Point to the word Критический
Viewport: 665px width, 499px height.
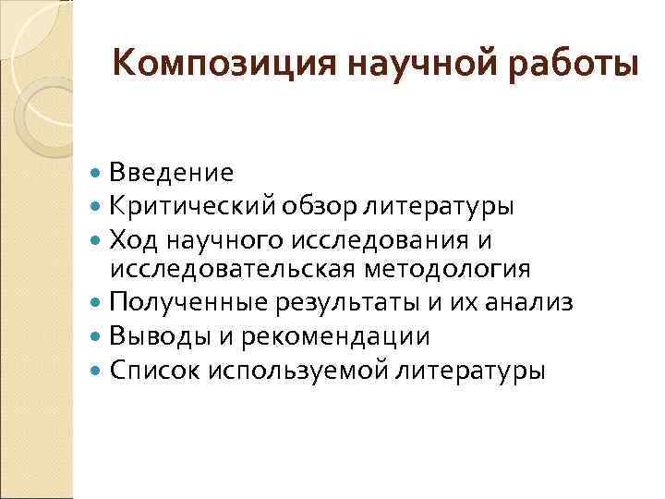click(189, 205)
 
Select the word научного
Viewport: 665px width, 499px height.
click(221, 238)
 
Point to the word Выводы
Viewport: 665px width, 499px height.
click(151, 335)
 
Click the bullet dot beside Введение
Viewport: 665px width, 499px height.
click(98, 173)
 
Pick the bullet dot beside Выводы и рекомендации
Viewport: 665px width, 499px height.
click(98, 336)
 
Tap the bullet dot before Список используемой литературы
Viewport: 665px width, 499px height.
click(98, 370)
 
